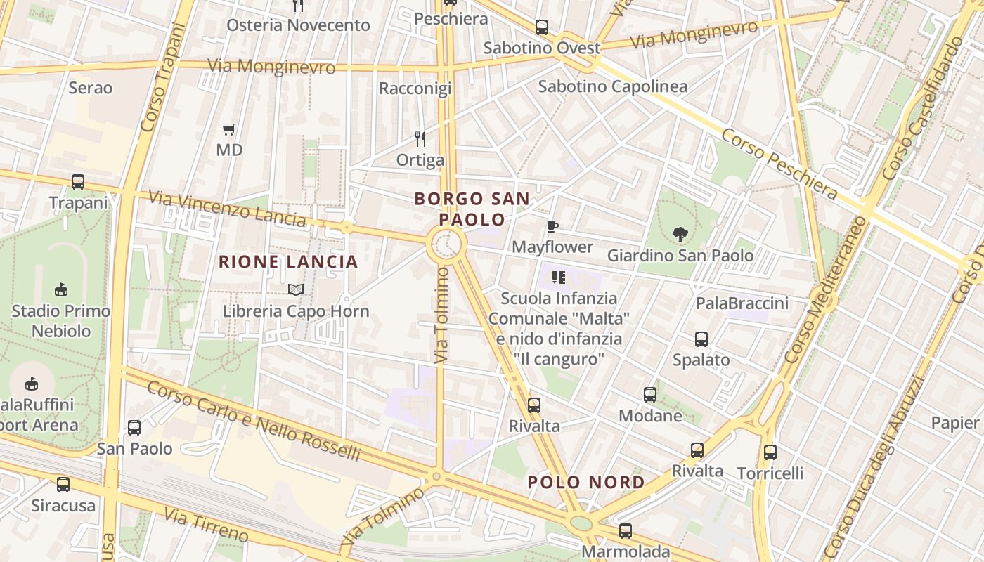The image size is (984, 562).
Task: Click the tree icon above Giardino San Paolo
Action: click(x=680, y=234)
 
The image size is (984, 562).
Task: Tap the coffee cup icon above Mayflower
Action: click(x=552, y=226)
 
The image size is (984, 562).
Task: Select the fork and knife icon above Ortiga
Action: click(x=420, y=138)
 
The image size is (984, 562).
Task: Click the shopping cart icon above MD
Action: click(x=228, y=129)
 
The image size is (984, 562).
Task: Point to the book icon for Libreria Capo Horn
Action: click(x=296, y=289)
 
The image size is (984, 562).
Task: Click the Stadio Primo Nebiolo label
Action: click(x=61, y=320)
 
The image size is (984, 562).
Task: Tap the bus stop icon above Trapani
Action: click(x=78, y=182)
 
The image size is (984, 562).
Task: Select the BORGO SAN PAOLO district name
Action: click(x=472, y=209)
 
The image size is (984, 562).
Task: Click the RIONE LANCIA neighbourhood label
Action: click(x=288, y=262)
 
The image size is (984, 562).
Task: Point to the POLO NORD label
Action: click(x=586, y=482)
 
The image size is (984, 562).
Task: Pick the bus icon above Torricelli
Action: click(x=770, y=452)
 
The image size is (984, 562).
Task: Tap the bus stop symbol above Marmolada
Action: click(x=626, y=531)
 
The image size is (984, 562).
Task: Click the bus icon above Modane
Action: click(x=650, y=395)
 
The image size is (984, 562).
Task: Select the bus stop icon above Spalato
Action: click(x=701, y=339)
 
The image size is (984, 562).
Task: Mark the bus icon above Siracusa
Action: click(x=63, y=485)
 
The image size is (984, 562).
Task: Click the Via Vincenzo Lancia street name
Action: click(x=228, y=209)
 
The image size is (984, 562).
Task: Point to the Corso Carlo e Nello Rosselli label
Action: click(x=254, y=421)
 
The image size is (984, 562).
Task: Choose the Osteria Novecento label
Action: click(x=298, y=25)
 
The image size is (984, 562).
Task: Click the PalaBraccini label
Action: click(x=742, y=303)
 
